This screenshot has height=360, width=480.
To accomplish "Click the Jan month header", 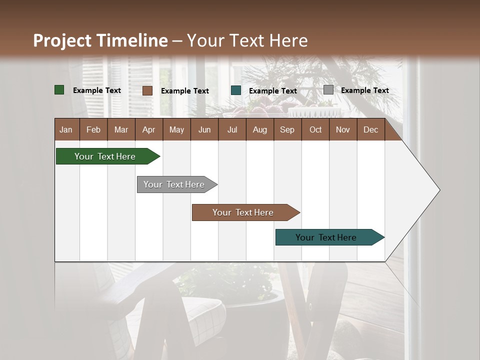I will pos(66,129).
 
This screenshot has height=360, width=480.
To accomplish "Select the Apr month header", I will pos(148,129).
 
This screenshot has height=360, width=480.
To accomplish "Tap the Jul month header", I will pos(232,129).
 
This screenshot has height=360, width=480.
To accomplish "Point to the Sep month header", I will pos(287,129).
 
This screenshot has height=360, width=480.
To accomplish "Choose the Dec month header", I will pos(370,129).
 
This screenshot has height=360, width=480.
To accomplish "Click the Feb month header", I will pos(93,129).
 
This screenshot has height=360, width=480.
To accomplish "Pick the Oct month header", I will pos(315,129).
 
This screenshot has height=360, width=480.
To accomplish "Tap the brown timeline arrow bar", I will pos(243,212).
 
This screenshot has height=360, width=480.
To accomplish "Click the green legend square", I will pos(59,90).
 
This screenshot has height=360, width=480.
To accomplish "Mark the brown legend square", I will pos(147,90).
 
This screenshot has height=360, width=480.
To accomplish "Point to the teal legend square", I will pos(236,90).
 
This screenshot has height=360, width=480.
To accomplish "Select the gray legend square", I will pos(328,90).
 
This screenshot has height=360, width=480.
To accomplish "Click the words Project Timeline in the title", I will pos(100,40).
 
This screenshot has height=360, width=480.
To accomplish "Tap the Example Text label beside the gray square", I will pos(364,90).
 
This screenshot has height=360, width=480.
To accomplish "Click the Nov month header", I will pos(342,129).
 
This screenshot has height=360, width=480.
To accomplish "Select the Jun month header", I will pos(204,129).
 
